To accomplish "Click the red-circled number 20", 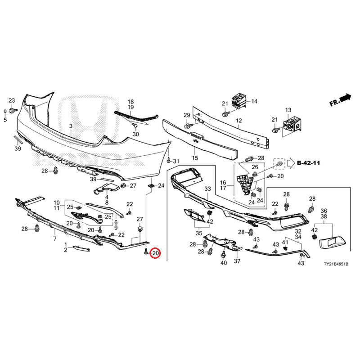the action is click(155, 253).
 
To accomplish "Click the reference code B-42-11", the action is click(308, 163).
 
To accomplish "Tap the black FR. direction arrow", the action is click(346, 98).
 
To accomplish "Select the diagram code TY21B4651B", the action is click(336, 264).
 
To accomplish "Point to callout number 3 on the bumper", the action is click(71, 126).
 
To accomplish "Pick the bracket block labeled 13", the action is click(293, 125).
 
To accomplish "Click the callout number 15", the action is click(195, 158).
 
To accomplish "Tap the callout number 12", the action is click(239, 121).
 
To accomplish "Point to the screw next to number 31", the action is click(169, 160).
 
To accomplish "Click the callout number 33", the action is click(207, 189).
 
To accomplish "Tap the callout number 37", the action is click(237, 261).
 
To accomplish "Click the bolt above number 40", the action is click(223, 254).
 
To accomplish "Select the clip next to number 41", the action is click(285, 248).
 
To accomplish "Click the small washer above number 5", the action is click(5, 112).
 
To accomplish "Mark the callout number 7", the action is click(55, 239).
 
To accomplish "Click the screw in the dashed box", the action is click(279, 164).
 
